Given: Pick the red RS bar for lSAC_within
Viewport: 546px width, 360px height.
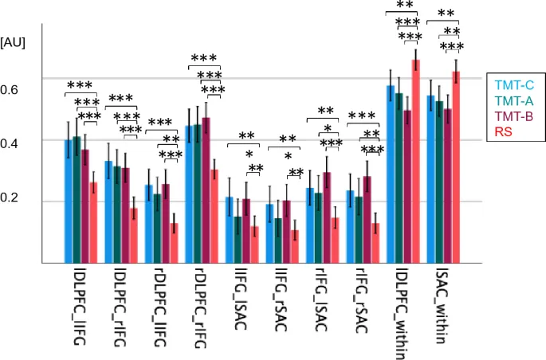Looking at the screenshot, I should pyautogui.click(x=457, y=167).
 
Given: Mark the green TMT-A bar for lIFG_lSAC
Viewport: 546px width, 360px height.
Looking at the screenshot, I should pyautogui.click(x=238, y=240).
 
